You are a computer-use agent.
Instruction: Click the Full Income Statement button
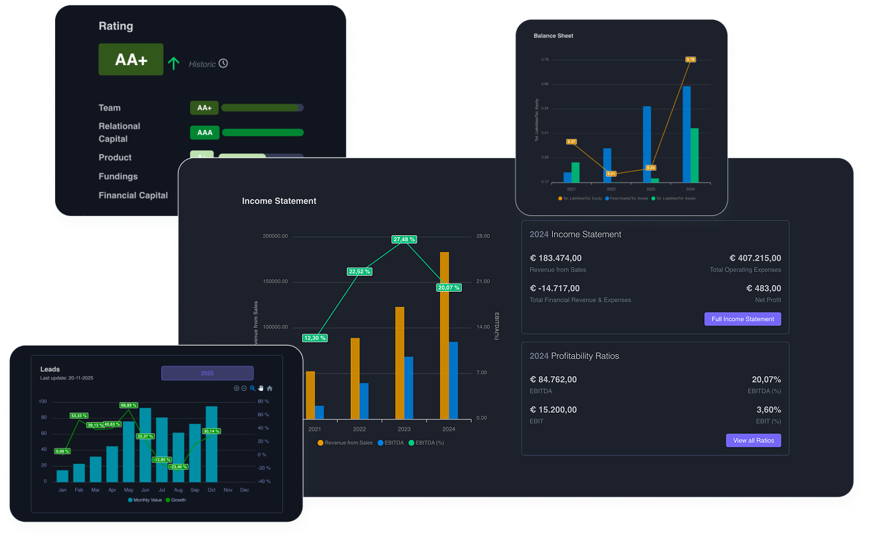pyautogui.click(x=742, y=319)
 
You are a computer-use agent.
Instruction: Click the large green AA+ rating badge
pyautogui.click(x=131, y=59)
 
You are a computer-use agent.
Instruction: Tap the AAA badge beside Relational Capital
pyautogui.click(x=205, y=132)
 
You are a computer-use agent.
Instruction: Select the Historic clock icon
pyautogui.click(x=223, y=63)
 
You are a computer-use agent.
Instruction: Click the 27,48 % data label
pyautogui.click(x=404, y=239)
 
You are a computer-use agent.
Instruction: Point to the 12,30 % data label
pyautogui.click(x=314, y=338)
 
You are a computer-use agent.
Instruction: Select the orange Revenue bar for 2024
pyautogui.click(x=444, y=336)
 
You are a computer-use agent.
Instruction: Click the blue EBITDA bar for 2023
pyautogui.click(x=409, y=388)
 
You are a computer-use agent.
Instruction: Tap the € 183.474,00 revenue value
pyautogui.click(x=555, y=258)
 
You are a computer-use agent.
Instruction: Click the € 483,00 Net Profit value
pyautogui.click(x=763, y=288)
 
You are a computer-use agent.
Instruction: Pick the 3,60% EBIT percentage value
pyautogui.click(x=768, y=409)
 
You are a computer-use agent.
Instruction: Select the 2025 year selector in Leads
pyautogui.click(x=207, y=374)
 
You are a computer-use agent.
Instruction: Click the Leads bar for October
pyautogui.click(x=211, y=444)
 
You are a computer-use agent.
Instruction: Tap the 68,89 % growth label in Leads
pyautogui.click(x=129, y=405)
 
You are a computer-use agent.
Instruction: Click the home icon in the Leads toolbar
pyautogui.click(x=270, y=388)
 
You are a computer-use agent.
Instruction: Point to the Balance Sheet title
pyautogui.click(x=553, y=36)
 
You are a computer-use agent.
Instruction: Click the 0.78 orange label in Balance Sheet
pyautogui.click(x=690, y=59)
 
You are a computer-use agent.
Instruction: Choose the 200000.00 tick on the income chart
pyautogui.click(x=275, y=236)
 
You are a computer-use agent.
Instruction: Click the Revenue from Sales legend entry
pyautogui.click(x=345, y=443)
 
